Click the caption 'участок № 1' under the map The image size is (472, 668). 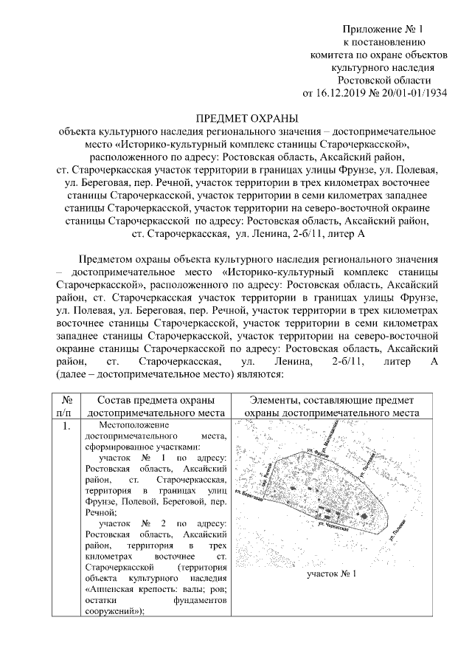click(331, 574)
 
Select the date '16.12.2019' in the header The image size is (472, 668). click(344, 94)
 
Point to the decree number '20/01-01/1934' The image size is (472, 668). click(413, 94)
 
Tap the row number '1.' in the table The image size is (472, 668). click(63, 426)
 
